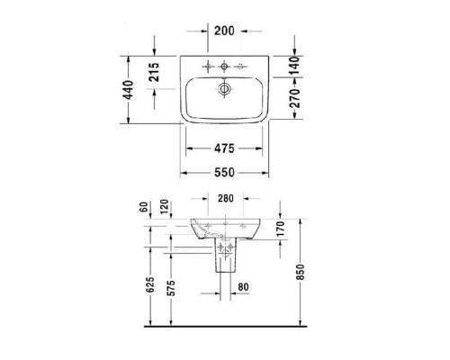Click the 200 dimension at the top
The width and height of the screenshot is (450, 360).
click(x=224, y=31)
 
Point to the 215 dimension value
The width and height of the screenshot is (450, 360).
click(x=154, y=73)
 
